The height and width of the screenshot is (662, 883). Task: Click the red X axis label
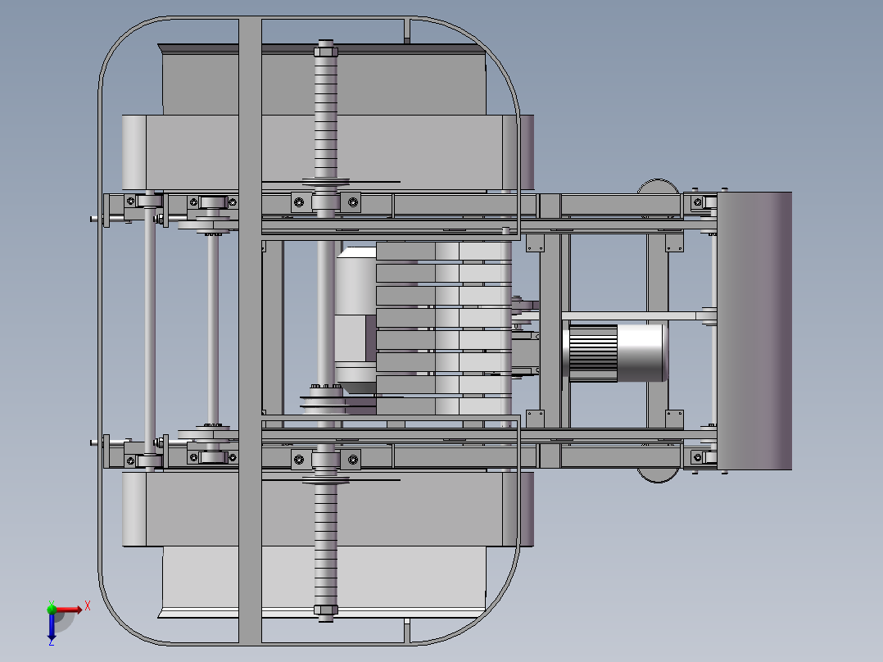[88, 606]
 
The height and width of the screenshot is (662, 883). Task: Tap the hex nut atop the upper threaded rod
[326, 52]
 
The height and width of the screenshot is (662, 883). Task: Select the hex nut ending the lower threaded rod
[326, 610]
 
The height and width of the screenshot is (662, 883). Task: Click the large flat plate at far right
[754, 331]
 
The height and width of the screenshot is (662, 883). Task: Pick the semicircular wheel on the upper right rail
[658, 186]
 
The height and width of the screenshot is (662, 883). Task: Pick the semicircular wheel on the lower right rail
[658, 475]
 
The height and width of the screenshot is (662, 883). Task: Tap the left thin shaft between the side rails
[150, 331]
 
